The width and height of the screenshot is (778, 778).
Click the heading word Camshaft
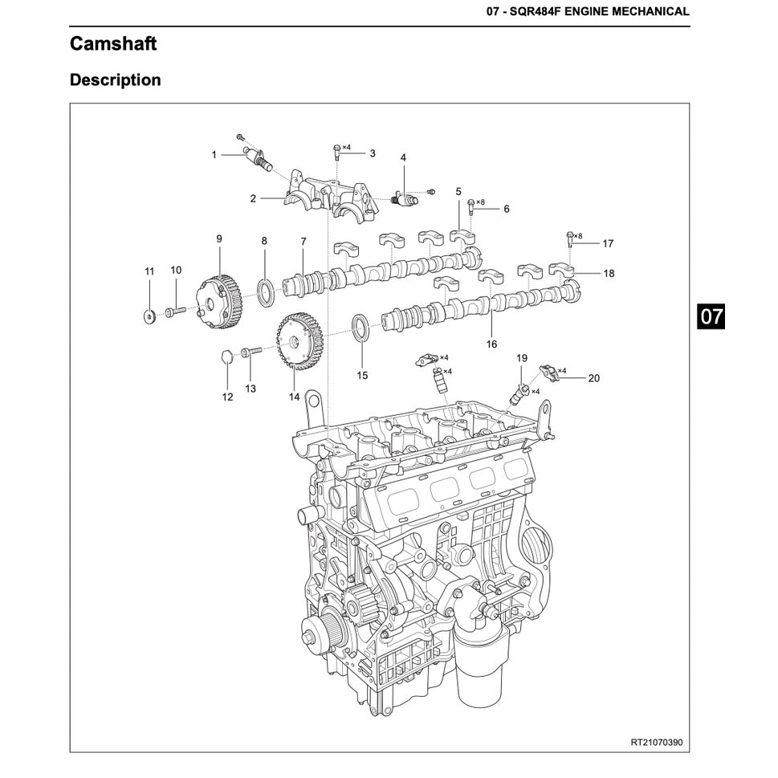coord(113,43)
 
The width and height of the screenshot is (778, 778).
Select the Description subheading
coord(115,80)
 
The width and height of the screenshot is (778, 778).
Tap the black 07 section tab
coord(711,316)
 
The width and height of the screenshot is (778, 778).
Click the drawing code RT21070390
coord(656,742)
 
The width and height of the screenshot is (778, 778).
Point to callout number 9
coord(218,238)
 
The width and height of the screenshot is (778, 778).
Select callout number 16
coord(491,344)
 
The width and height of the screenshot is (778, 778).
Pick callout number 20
coord(593,377)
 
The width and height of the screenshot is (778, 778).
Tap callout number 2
coord(252,198)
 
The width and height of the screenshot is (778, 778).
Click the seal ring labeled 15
coord(362,328)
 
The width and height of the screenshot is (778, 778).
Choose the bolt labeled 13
coord(251,350)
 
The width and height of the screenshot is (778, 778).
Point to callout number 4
coord(403,157)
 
